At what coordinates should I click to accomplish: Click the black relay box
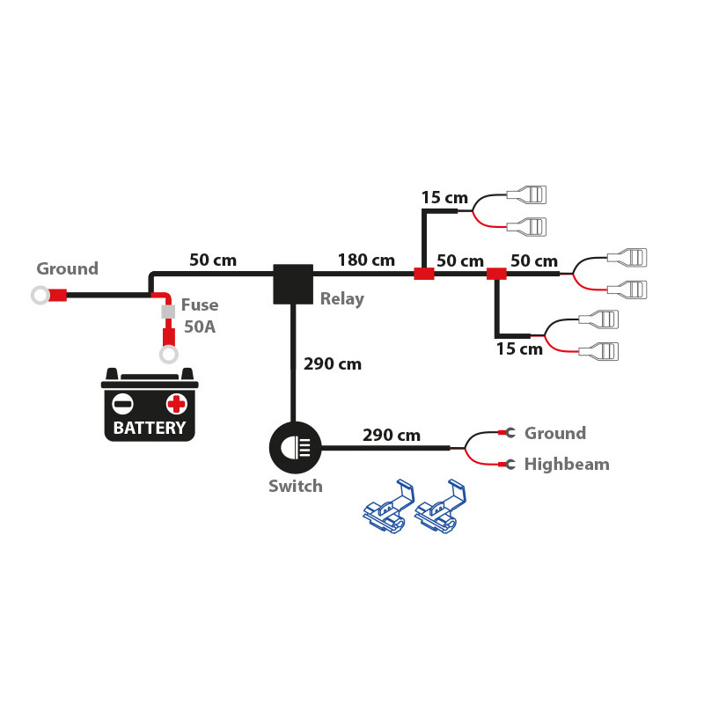coord(293,284)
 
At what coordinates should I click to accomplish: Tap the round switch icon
coord(295,448)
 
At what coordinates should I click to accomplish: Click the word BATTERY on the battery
coord(150,429)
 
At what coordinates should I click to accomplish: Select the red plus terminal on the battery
coord(177,404)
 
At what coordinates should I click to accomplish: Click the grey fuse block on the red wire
coord(167,312)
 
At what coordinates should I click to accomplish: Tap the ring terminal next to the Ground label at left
coord(40,296)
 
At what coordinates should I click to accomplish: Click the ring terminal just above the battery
coord(167,355)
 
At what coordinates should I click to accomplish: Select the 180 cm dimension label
coord(366,260)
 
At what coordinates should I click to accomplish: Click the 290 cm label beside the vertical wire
coord(332,363)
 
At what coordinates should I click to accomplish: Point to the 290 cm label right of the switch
coord(391,435)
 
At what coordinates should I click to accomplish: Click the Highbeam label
coord(566,464)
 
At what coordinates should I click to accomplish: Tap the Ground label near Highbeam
coord(554,433)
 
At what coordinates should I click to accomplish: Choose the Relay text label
coord(341,299)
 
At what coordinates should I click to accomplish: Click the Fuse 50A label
coord(199,317)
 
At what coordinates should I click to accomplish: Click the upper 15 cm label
coord(444,197)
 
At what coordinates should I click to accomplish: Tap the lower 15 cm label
coord(518,348)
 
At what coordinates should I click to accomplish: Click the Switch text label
coord(296,486)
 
